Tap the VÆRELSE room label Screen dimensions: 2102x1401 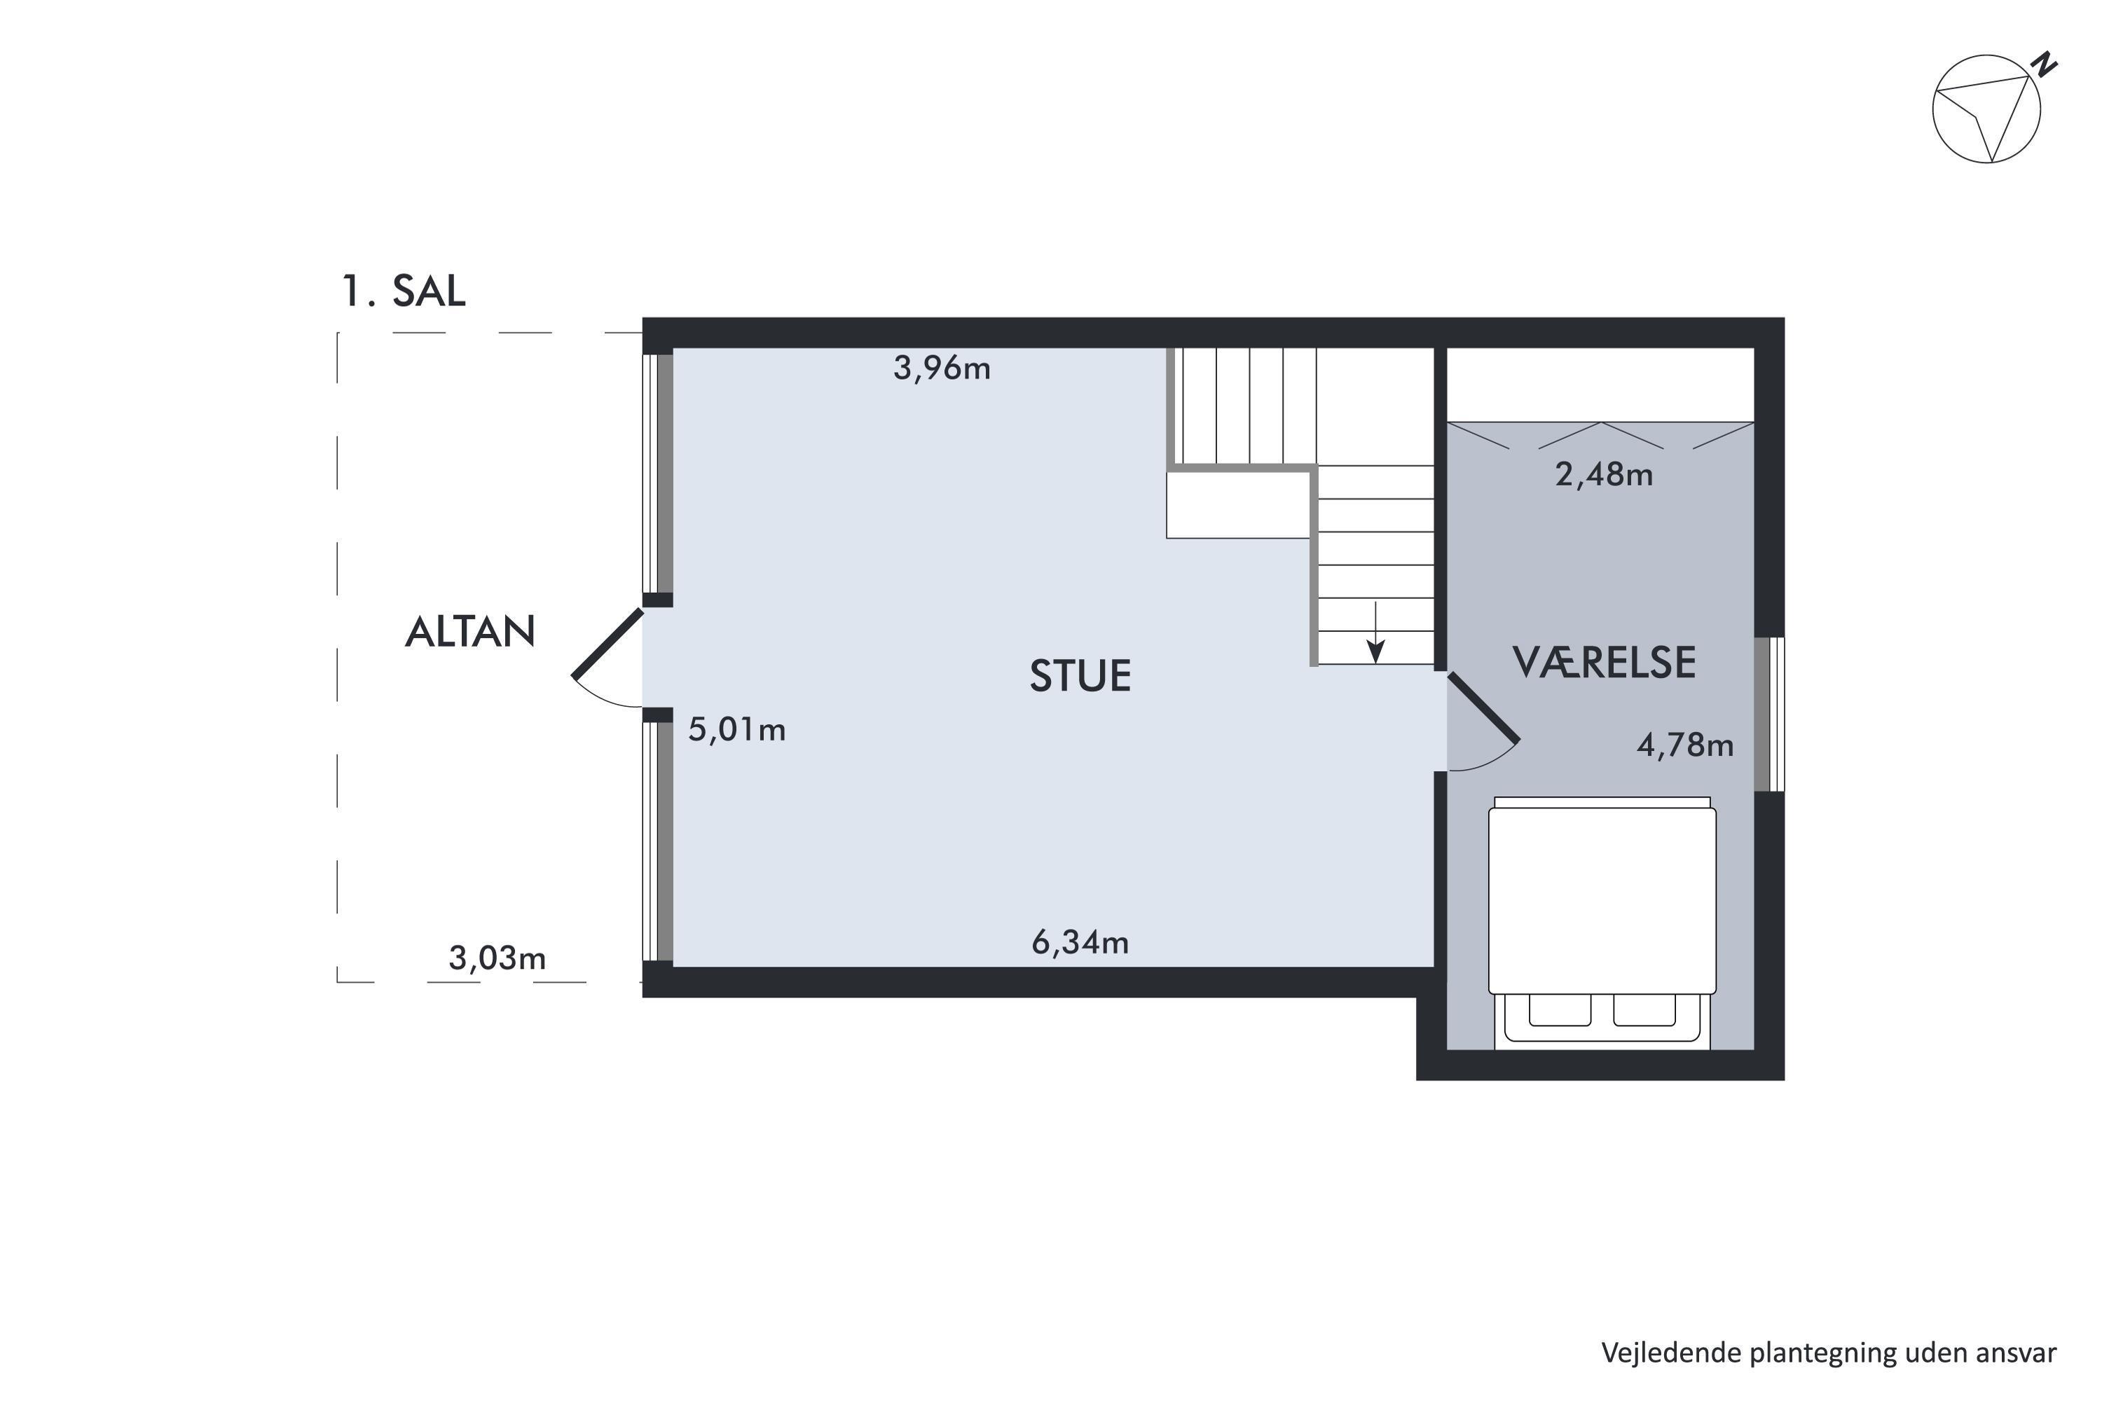(x=1603, y=662)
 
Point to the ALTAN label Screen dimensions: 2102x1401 (x=470, y=632)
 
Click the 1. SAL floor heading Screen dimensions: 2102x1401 (x=404, y=291)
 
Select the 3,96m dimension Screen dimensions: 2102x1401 (x=942, y=368)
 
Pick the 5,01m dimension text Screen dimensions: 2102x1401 (x=736, y=730)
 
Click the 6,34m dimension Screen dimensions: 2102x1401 (x=1080, y=941)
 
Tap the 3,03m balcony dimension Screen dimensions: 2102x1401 (x=497, y=958)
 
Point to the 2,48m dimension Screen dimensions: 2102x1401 (x=1603, y=474)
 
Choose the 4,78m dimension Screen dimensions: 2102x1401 (x=1684, y=745)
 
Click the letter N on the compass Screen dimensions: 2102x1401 (x=2045, y=64)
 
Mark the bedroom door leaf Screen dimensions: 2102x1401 (x=1483, y=708)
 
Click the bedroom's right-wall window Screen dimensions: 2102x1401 (x=1768, y=714)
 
